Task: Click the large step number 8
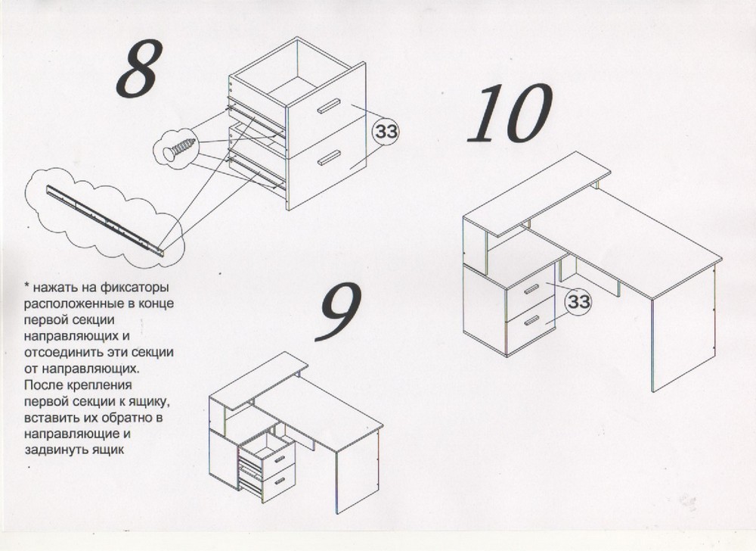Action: pyautogui.click(x=138, y=69)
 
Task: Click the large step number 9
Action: pyautogui.click(x=339, y=311)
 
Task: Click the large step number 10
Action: pyautogui.click(x=510, y=114)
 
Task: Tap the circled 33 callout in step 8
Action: pyautogui.click(x=386, y=131)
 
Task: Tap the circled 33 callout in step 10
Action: pyautogui.click(x=579, y=301)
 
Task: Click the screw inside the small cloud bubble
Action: pyautogui.click(x=179, y=148)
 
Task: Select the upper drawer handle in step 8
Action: pyautogui.click(x=329, y=106)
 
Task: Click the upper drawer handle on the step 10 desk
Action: pyautogui.click(x=531, y=288)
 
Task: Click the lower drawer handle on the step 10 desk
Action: pyautogui.click(x=531, y=320)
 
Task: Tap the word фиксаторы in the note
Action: pyautogui.click(x=135, y=288)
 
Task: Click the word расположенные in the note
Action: pyautogui.click(x=67, y=304)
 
